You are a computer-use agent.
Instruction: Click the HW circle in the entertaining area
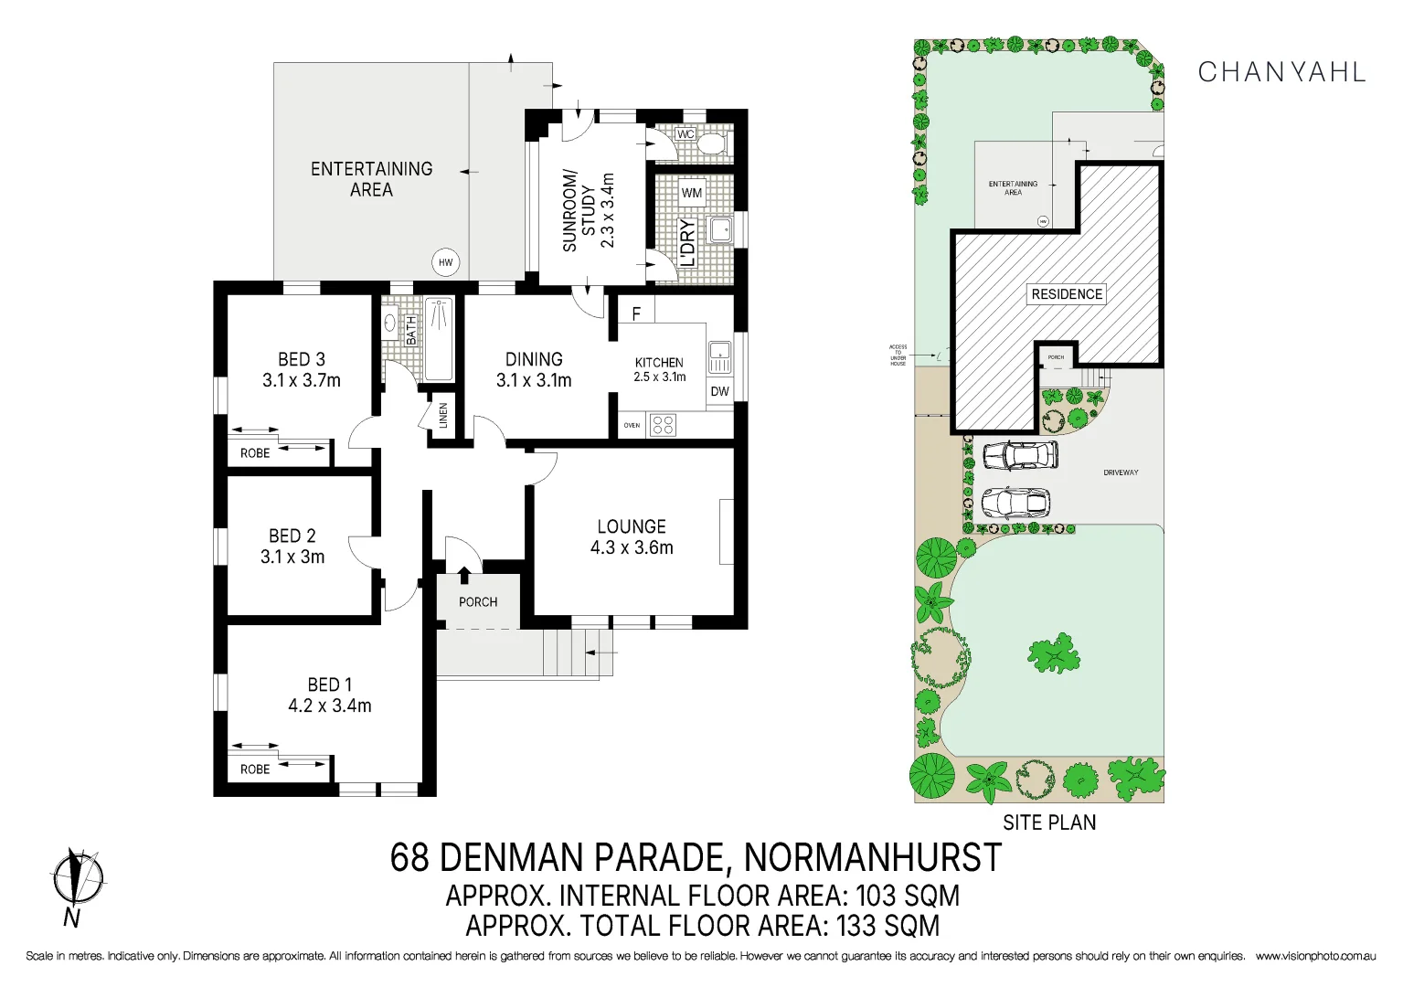pyautogui.click(x=445, y=262)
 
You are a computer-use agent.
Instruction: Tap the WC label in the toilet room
pyautogui.click(x=686, y=134)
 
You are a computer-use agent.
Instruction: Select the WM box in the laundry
pyautogui.click(x=692, y=193)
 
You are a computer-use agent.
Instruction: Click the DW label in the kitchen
pyautogui.click(x=719, y=391)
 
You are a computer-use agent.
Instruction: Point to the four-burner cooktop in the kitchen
pyautogui.click(x=663, y=425)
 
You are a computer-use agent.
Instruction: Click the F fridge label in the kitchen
pyautogui.click(x=636, y=313)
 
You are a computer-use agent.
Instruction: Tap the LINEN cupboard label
pyautogui.click(x=443, y=416)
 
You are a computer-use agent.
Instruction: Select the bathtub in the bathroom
pyautogui.click(x=440, y=339)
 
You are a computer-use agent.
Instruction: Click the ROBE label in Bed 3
pyautogui.click(x=255, y=453)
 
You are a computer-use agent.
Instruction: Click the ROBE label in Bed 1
pyautogui.click(x=255, y=769)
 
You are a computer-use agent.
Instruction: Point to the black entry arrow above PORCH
pyautogui.click(x=464, y=575)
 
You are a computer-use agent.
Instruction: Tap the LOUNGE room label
pyautogui.click(x=632, y=527)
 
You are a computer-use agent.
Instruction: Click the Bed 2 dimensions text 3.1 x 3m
pyautogui.click(x=292, y=557)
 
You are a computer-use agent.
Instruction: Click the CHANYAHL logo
pyautogui.click(x=1281, y=72)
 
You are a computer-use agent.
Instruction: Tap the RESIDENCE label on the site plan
pyautogui.click(x=1067, y=294)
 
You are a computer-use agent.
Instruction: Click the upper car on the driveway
pyautogui.click(x=1019, y=454)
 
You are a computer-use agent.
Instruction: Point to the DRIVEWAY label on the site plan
pyautogui.click(x=1121, y=472)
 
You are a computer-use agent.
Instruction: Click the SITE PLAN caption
pyautogui.click(x=1049, y=822)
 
